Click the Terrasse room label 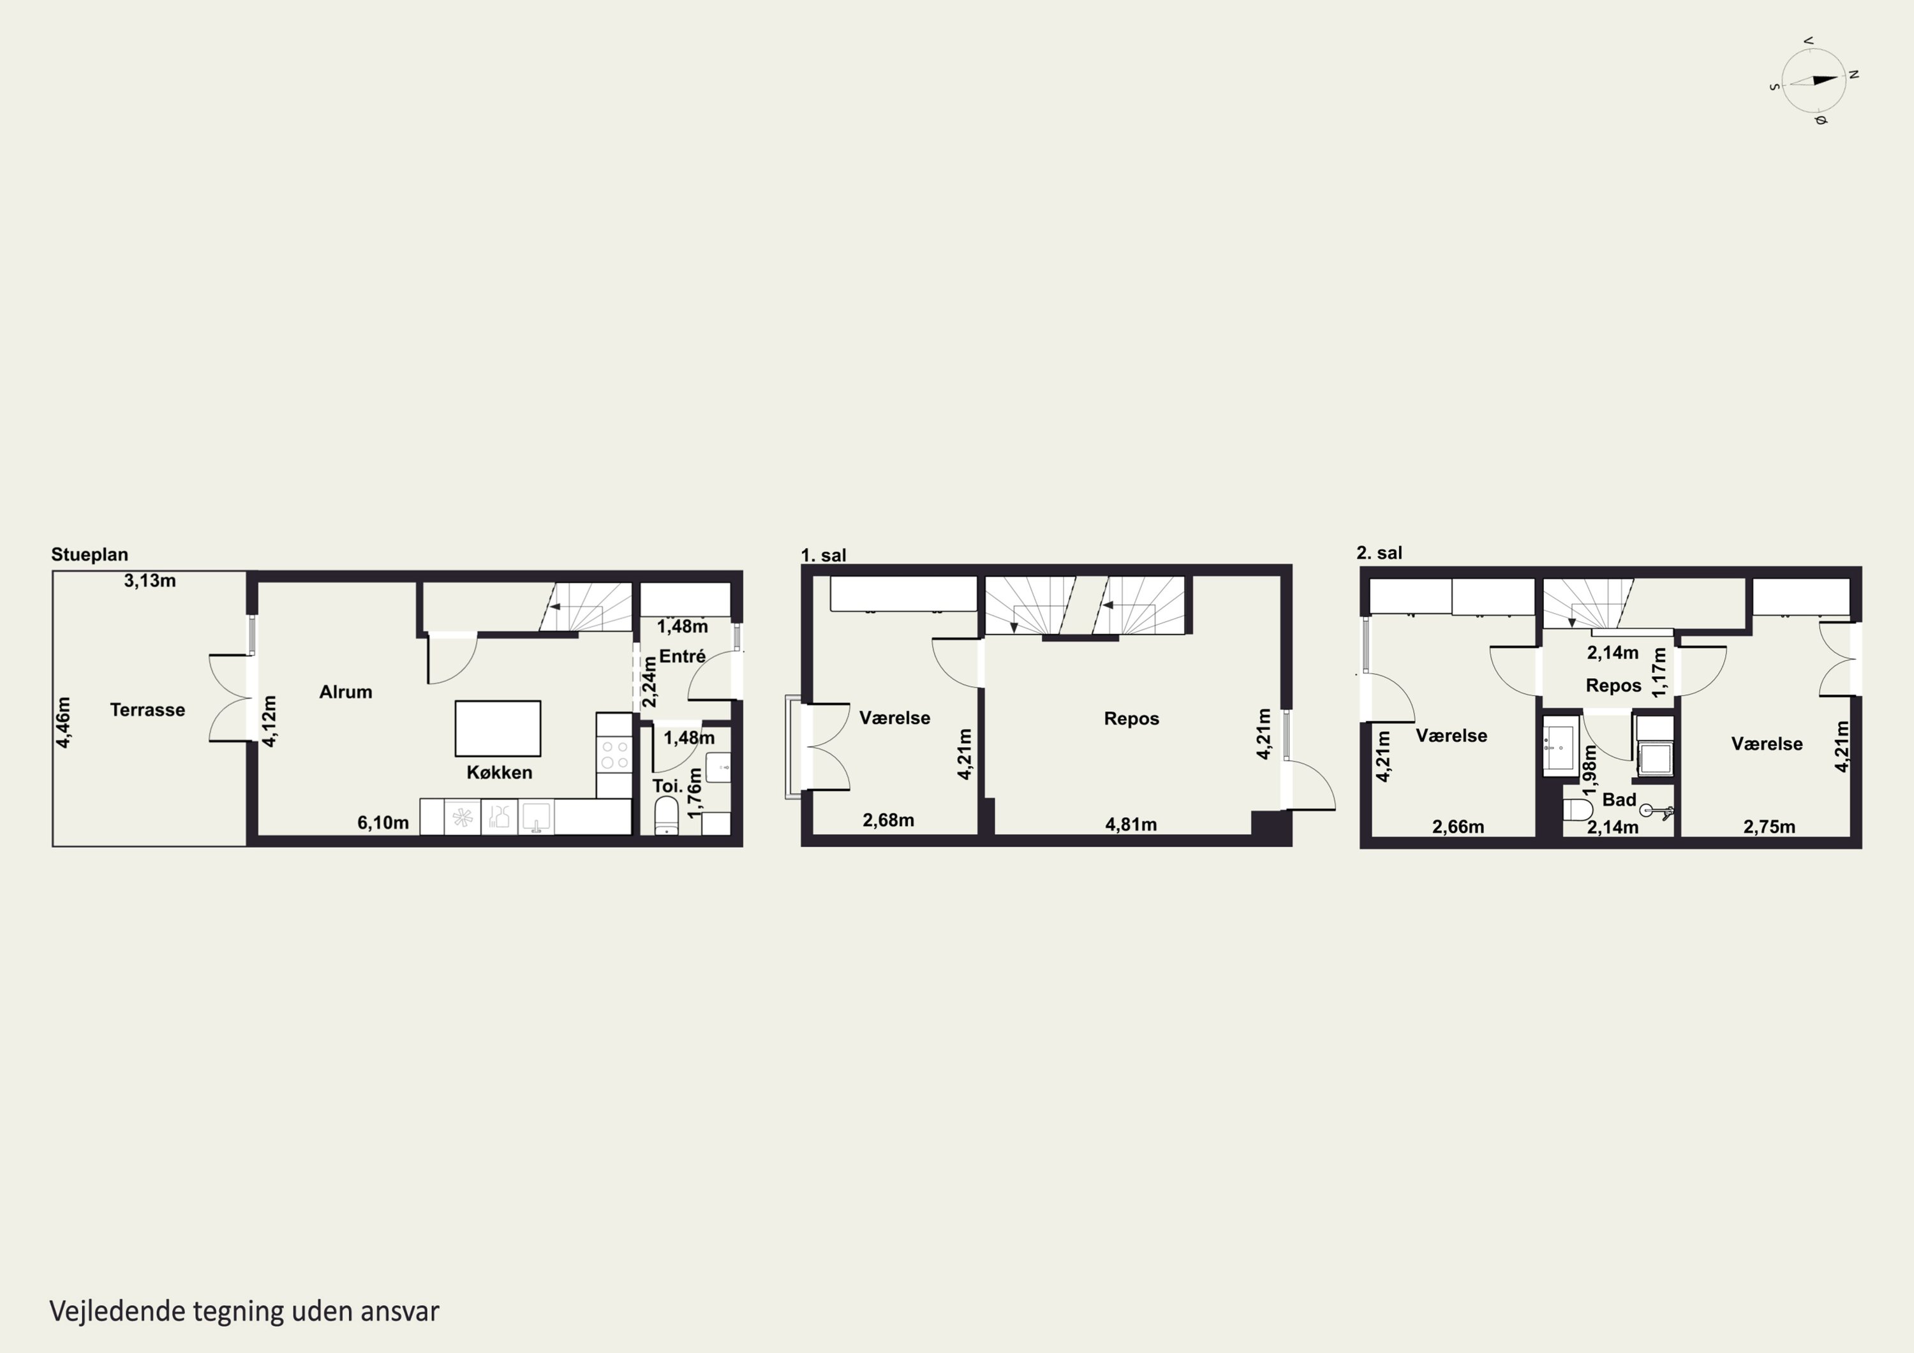pos(147,710)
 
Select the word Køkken pos(500,773)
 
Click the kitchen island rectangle pos(498,728)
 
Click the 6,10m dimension pos(383,823)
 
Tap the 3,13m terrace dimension pos(150,581)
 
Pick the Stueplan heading pos(90,555)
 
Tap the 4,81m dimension pos(1131,824)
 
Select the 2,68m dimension pos(889,820)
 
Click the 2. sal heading pos(1379,552)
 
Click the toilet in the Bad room pos(1578,810)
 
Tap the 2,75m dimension pos(1770,827)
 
